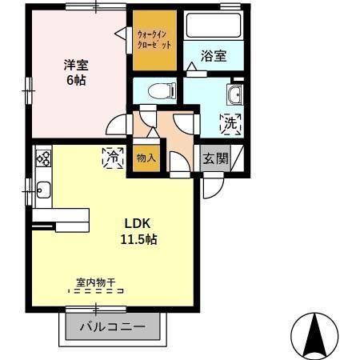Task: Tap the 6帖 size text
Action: pyautogui.click(x=76, y=80)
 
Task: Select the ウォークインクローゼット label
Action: pyautogui.click(x=154, y=40)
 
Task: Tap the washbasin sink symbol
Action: pyautogui.click(x=234, y=96)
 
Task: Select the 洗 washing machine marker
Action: pyautogui.click(x=230, y=124)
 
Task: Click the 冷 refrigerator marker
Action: pyautogui.click(x=113, y=158)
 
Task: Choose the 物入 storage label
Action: pyautogui.click(x=146, y=158)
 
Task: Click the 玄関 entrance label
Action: pyautogui.click(x=214, y=158)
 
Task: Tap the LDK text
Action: pyautogui.click(x=132, y=222)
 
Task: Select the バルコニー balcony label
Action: pyautogui.click(x=113, y=327)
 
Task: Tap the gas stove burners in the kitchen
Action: pyautogui.click(x=42, y=158)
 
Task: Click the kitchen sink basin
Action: pyautogui.click(x=42, y=190)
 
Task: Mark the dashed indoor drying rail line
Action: pyautogui.click(x=96, y=291)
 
